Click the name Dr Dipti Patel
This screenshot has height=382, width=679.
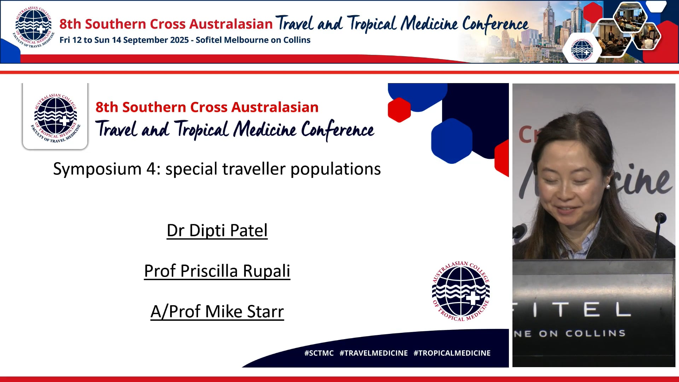(217, 231)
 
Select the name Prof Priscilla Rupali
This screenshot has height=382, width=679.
(217, 271)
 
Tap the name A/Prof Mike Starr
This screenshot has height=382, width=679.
(217, 312)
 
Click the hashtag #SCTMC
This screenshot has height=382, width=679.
(319, 353)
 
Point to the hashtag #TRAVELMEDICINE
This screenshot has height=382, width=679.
(373, 353)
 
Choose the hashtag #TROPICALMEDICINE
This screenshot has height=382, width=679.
(452, 353)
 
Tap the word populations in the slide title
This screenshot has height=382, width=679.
(335, 169)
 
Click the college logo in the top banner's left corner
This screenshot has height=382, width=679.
(34, 28)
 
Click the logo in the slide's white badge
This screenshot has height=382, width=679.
(56, 118)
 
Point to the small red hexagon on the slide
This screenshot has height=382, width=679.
(399, 110)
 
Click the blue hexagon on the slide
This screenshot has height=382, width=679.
(452, 141)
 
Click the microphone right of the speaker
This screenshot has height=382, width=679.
(660, 218)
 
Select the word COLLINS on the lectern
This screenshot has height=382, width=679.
(595, 334)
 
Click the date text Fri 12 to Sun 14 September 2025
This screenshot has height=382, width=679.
(124, 40)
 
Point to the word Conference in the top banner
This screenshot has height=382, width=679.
(495, 24)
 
